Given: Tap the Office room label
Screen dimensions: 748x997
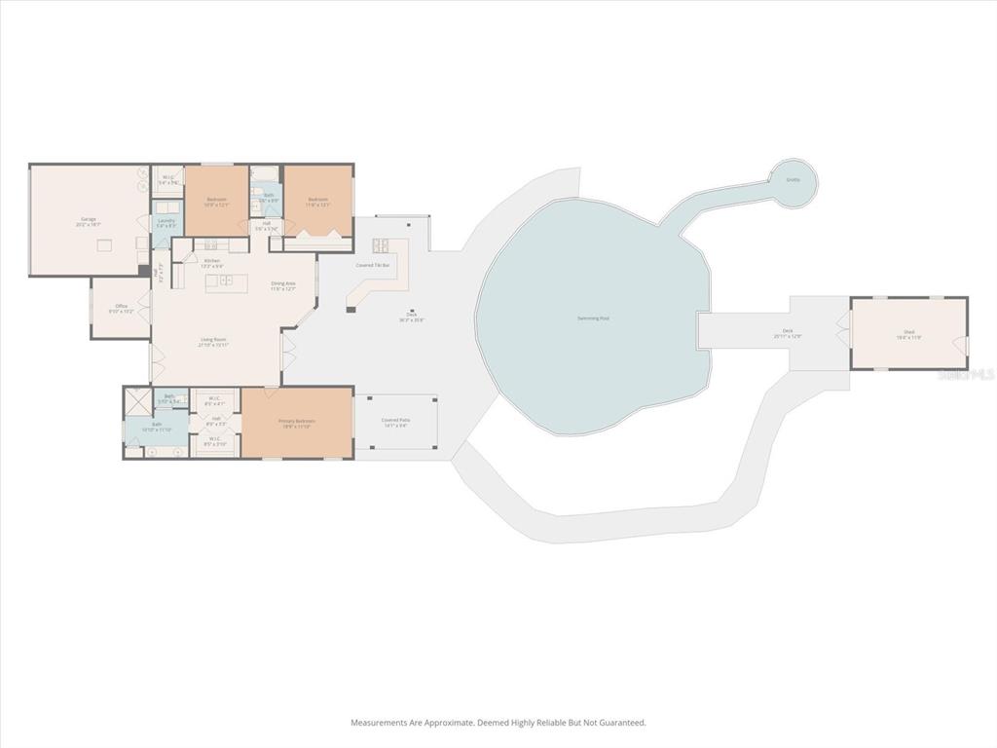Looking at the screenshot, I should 121,309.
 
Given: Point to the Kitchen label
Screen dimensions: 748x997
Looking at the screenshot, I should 211,262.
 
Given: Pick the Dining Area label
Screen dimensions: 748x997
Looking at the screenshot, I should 283,284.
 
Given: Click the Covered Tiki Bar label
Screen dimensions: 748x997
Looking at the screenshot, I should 373,265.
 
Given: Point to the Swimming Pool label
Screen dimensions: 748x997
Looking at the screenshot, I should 592,318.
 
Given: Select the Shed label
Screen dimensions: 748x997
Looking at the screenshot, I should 908,333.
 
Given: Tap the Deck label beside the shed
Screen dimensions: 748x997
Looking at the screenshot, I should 788,332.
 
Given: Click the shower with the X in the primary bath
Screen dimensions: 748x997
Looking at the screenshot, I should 138,400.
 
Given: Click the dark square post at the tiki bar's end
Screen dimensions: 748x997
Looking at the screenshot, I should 351,310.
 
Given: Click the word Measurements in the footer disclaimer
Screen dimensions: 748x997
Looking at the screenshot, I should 376,723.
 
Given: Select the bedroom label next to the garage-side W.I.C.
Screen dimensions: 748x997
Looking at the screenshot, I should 216,202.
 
